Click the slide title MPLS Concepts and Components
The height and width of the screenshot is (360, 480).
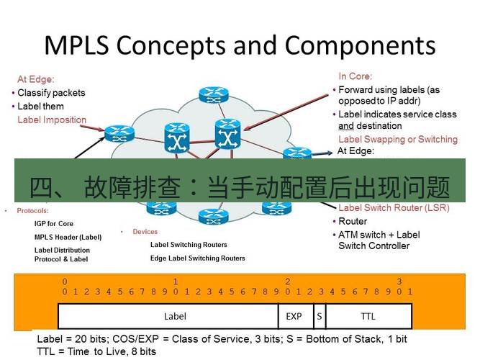pyautogui.click(x=240, y=45)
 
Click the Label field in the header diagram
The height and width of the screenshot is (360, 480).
pyautogui.click(x=175, y=316)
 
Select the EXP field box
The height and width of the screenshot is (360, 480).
pyautogui.click(x=294, y=316)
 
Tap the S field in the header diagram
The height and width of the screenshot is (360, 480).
pyautogui.click(x=318, y=316)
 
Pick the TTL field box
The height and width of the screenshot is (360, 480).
pyautogui.click(x=368, y=316)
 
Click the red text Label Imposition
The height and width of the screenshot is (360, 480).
pyautogui.click(x=52, y=120)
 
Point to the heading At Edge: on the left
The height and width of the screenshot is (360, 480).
pyautogui.click(x=36, y=79)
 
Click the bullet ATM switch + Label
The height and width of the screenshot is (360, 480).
pyautogui.click(x=379, y=235)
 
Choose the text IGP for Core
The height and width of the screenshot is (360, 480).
pyautogui.click(x=54, y=224)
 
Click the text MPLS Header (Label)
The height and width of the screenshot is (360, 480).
pyautogui.click(x=68, y=237)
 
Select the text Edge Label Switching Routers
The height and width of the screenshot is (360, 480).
pyautogui.click(x=197, y=258)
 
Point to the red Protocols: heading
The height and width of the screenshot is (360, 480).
pyautogui.click(x=32, y=211)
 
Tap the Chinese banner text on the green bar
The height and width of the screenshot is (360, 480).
pyautogui.click(x=240, y=188)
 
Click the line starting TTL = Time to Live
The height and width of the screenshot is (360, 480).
pyautogui.click(x=96, y=351)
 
